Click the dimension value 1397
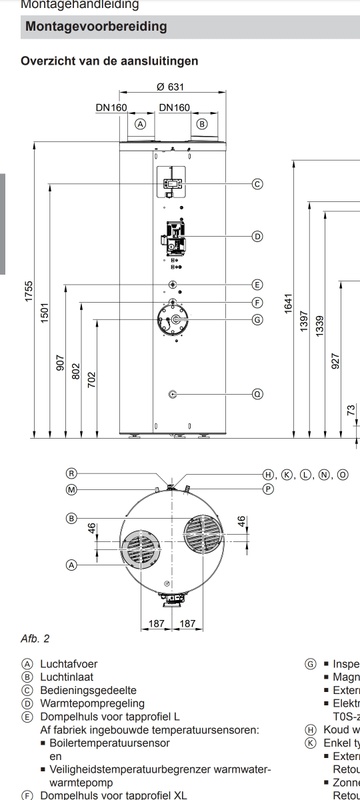tap(304, 329)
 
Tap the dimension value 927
tap(336, 359)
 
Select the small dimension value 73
tap(351, 411)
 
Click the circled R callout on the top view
tap(72, 473)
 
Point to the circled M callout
tap(72, 489)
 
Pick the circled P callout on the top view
tap(268, 489)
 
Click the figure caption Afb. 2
tap(35, 638)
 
